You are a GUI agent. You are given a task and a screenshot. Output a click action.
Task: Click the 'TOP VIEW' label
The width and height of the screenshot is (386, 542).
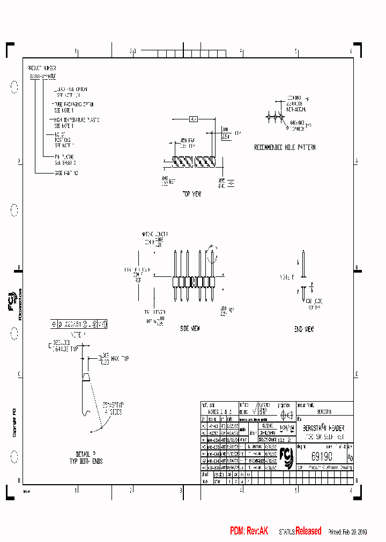(x=191, y=194)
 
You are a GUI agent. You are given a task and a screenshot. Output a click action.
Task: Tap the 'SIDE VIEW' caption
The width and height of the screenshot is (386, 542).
(x=190, y=328)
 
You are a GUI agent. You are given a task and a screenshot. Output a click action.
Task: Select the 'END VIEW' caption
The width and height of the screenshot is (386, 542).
(x=304, y=329)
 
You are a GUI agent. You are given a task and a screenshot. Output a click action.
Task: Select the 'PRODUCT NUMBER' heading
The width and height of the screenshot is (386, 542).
(x=42, y=69)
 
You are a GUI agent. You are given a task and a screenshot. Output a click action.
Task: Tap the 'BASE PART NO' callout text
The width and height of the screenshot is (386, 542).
(x=66, y=173)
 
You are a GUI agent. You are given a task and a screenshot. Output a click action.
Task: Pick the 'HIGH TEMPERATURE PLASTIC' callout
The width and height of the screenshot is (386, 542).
(x=77, y=119)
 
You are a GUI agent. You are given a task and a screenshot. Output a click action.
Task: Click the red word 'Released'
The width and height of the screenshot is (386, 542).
(x=308, y=531)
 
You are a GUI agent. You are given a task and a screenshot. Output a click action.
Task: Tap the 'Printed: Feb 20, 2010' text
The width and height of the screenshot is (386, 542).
(x=347, y=532)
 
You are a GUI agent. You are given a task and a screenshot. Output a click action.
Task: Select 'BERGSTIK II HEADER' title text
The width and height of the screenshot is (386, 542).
(x=324, y=428)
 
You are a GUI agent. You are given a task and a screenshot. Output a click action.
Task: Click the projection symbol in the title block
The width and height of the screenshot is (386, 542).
(x=286, y=414)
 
